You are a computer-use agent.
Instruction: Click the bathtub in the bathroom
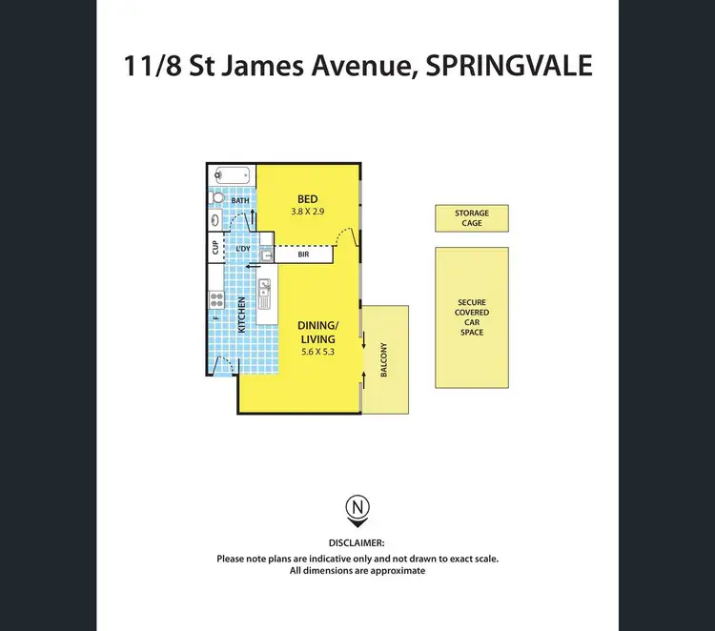(x=232, y=175)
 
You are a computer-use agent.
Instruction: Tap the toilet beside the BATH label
(x=217, y=198)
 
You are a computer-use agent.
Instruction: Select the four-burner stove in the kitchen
(x=216, y=303)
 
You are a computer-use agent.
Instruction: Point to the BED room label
(x=306, y=198)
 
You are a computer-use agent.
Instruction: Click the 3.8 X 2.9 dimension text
(x=306, y=212)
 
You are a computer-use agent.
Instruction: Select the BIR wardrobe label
(x=303, y=254)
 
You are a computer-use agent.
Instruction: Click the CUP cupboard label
(x=215, y=248)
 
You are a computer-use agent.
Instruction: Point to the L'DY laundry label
(x=244, y=250)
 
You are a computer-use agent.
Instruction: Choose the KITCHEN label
(x=242, y=315)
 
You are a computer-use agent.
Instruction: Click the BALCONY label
(x=384, y=360)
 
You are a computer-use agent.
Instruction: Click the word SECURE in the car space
(x=472, y=301)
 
